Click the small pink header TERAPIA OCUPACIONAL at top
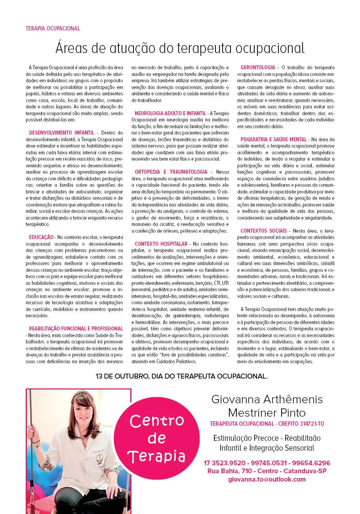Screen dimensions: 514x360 point(53,28)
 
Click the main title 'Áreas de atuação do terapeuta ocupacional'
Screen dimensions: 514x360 point(180,48)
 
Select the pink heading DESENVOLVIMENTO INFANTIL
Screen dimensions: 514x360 point(62,132)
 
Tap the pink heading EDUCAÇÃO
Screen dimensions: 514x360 point(41,237)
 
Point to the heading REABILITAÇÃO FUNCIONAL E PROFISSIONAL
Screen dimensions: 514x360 point(76,328)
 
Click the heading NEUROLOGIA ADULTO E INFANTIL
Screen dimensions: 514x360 point(171,113)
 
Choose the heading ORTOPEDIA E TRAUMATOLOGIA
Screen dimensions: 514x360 point(171,172)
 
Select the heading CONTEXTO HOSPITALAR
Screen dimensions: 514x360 point(161,244)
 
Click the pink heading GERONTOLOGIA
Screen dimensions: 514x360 point(258,68)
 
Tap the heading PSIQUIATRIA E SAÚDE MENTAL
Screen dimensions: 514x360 point(274,139)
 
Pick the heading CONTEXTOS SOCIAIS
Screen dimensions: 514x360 point(265,231)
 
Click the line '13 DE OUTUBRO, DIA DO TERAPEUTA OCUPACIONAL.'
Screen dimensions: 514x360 point(182,376)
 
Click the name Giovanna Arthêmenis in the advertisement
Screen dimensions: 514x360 point(267,399)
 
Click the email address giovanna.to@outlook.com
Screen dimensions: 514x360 point(267,479)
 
